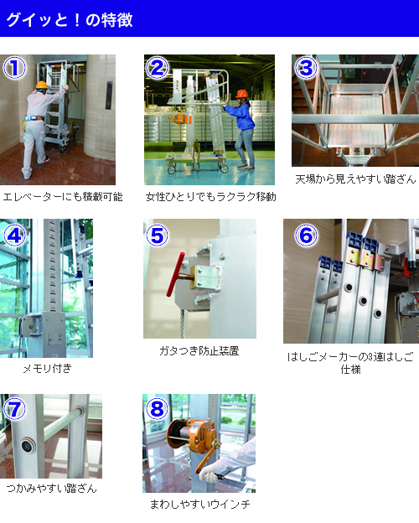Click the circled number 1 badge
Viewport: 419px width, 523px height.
click(14, 67)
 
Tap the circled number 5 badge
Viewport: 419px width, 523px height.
click(158, 236)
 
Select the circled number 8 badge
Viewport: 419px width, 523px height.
click(158, 409)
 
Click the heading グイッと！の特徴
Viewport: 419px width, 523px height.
click(70, 19)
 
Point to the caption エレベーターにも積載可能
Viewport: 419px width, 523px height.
click(63, 197)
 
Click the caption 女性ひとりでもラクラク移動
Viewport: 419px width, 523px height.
click(211, 197)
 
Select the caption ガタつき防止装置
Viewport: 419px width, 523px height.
click(199, 351)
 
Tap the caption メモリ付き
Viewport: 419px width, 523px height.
click(48, 368)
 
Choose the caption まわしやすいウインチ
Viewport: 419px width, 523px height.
click(199, 504)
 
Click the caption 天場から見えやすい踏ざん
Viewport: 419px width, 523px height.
click(355, 179)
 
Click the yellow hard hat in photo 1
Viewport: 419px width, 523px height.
click(41, 85)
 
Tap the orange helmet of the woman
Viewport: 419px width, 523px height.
click(242, 93)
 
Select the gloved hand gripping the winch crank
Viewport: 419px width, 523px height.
click(210, 473)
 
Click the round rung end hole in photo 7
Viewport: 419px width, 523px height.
click(28, 446)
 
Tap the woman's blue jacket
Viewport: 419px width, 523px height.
click(241, 116)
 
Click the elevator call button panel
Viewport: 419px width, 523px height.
click(109, 96)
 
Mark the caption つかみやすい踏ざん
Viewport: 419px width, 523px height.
click(51, 489)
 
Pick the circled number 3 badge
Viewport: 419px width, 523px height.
click(306, 68)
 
